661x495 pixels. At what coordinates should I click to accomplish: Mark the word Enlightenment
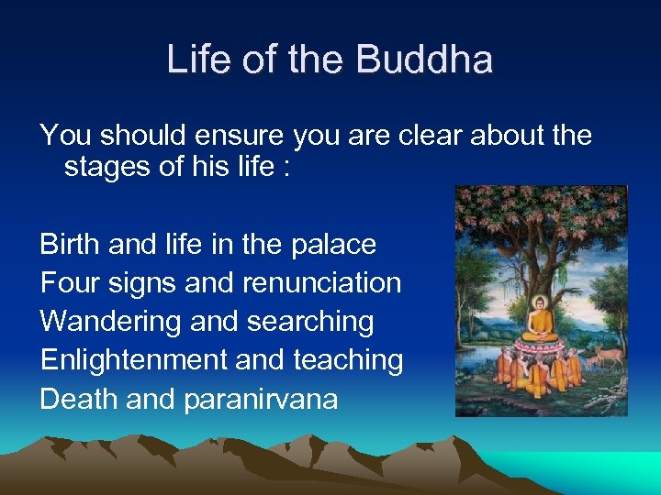pos(134,360)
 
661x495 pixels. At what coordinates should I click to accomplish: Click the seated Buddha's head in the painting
pos(541,304)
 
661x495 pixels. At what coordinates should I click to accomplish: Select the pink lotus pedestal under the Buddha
pos(541,346)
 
